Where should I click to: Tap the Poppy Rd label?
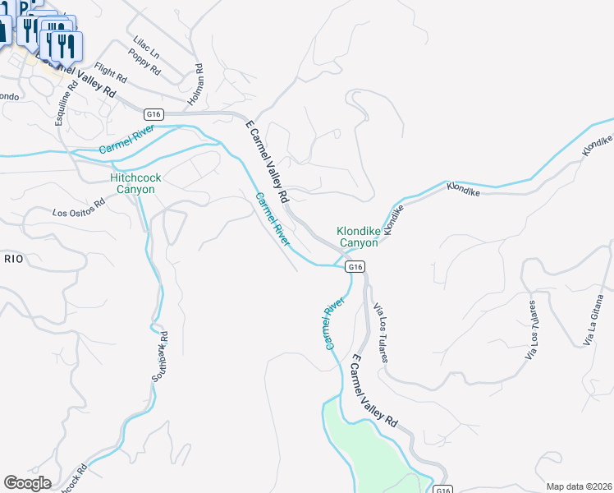[144, 63]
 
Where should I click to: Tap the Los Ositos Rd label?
[79, 207]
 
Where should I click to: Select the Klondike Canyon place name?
[359, 237]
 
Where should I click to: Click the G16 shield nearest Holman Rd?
[153, 114]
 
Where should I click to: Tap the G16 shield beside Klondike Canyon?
[354, 267]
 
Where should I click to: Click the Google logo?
[27, 483]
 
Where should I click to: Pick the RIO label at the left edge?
[13, 259]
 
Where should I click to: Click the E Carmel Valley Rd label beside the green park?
[374, 391]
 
